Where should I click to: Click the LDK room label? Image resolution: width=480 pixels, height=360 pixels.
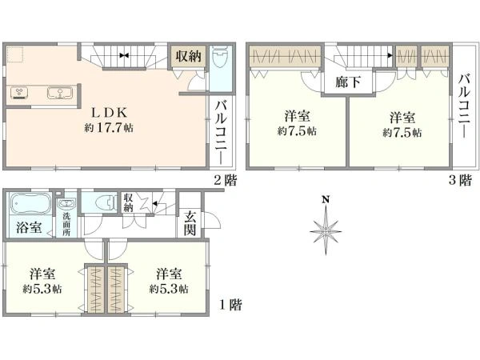click(110, 114)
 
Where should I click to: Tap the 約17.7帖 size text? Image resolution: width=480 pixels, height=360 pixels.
click(109, 128)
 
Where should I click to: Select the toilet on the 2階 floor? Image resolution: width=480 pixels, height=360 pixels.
click(220, 58)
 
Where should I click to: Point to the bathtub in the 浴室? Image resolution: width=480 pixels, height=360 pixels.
click(30, 202)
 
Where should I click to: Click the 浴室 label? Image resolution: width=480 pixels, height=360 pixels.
click(29, 228)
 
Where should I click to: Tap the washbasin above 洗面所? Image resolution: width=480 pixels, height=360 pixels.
click(66, 203)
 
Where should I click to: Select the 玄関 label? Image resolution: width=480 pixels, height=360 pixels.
click(190, 224)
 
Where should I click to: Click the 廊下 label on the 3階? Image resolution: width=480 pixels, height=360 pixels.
click(348, 82)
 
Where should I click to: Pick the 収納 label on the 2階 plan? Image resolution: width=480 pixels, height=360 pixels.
click(188, 56)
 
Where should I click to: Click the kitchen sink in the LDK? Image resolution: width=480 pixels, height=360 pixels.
click(60, 93)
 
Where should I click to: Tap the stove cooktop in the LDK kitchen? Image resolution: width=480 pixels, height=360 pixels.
click(19, 93)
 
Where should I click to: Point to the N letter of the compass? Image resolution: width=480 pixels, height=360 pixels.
click(326, 200)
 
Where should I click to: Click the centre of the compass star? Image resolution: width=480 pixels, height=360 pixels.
click(326, 232)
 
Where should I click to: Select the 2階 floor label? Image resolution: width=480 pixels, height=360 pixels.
click(226, 180)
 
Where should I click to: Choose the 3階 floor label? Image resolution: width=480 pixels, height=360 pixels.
click(460, 180)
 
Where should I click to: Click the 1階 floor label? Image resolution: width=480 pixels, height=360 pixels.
click(230, 305)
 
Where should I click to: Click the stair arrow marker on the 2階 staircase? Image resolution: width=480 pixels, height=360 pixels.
click(124, 55)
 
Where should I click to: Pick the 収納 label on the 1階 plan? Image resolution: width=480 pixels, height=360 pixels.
click(128, 202)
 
